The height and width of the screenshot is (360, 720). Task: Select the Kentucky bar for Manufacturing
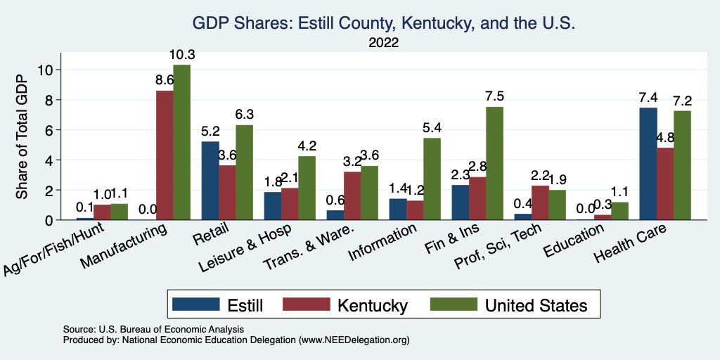tap(165, 155)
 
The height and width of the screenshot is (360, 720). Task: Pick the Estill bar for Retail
tap(210, 181)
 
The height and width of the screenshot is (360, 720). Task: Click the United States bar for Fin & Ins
tap(494, 163)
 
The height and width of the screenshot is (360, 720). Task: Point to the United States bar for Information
tap(431, 179)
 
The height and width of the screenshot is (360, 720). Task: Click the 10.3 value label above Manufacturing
tap(181, 54)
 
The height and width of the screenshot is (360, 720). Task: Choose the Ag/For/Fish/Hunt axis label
tap(63, 250)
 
